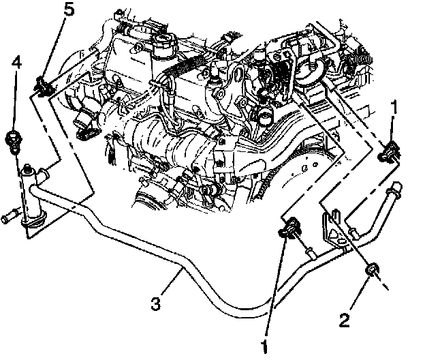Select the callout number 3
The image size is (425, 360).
(155, 301)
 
